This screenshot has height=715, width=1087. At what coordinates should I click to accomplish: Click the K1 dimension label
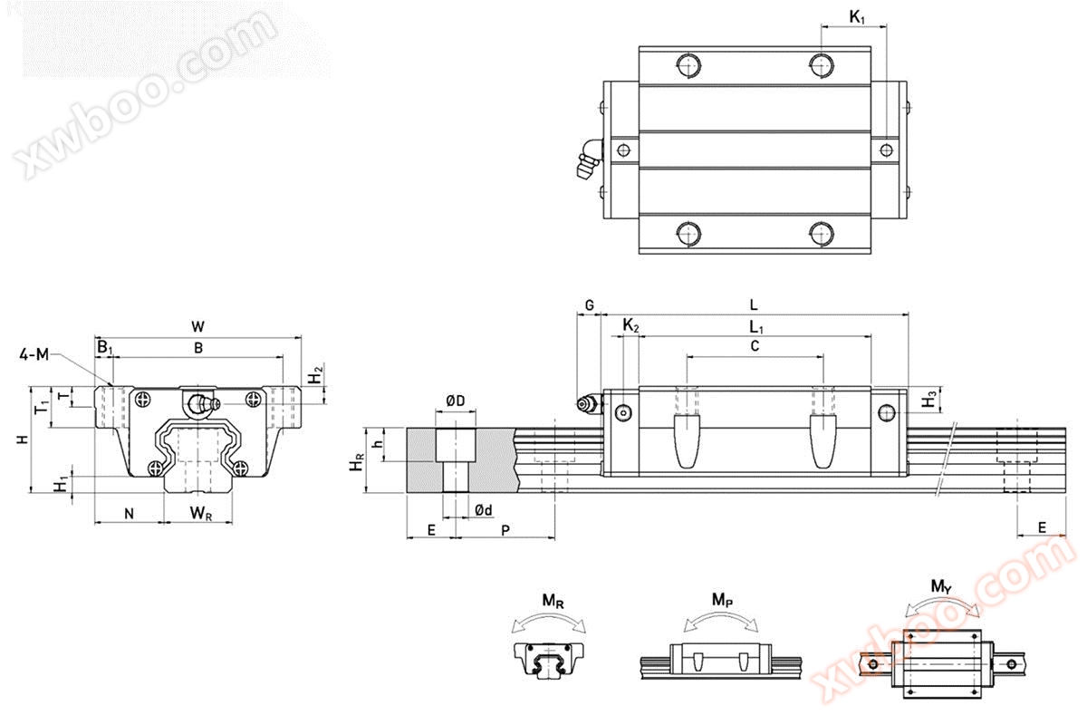point(857,17)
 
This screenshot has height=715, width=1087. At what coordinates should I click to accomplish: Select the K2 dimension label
point(630,325)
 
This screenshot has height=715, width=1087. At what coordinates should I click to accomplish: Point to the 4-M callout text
point(34,355)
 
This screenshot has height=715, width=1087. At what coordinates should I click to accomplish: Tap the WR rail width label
point(200,513)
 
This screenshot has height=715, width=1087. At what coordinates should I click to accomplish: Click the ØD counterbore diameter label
point(455,401)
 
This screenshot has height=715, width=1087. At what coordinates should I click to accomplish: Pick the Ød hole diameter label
point(484,509)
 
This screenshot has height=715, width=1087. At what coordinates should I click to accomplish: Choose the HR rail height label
point(356,460)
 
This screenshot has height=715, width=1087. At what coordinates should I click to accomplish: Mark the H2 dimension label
point(316,376)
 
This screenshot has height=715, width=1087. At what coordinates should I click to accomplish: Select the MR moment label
point(553,602)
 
